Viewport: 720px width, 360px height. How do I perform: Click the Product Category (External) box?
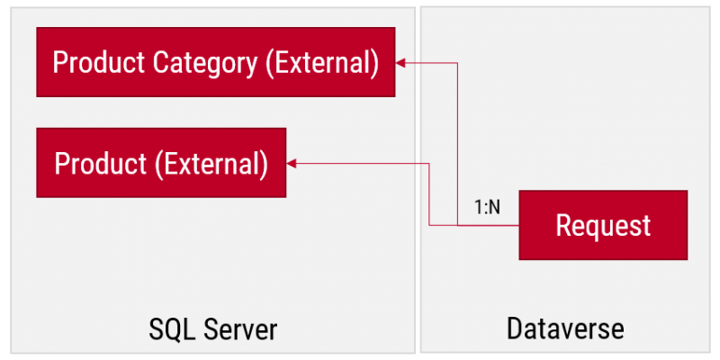215,62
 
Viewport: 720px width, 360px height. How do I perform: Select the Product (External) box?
161,163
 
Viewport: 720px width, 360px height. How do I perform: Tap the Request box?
603,225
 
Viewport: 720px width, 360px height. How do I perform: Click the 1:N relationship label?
487,208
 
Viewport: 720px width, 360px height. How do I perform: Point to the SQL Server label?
213,329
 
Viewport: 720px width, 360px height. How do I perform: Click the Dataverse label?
565,328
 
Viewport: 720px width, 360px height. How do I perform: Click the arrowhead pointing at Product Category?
400,63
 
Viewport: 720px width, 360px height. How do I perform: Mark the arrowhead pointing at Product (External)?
291,163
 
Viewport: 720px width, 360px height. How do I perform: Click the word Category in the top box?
205,63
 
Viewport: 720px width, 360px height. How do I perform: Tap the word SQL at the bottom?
172,329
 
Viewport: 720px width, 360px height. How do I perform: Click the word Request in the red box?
603,226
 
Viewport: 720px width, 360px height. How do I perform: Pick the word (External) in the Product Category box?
323,62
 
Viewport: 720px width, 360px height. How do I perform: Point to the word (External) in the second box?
211,164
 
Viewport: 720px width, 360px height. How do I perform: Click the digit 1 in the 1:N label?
478,208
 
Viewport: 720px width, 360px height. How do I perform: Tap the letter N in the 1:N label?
494,208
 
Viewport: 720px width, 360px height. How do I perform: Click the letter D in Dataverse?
514,328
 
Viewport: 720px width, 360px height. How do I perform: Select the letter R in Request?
564,226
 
